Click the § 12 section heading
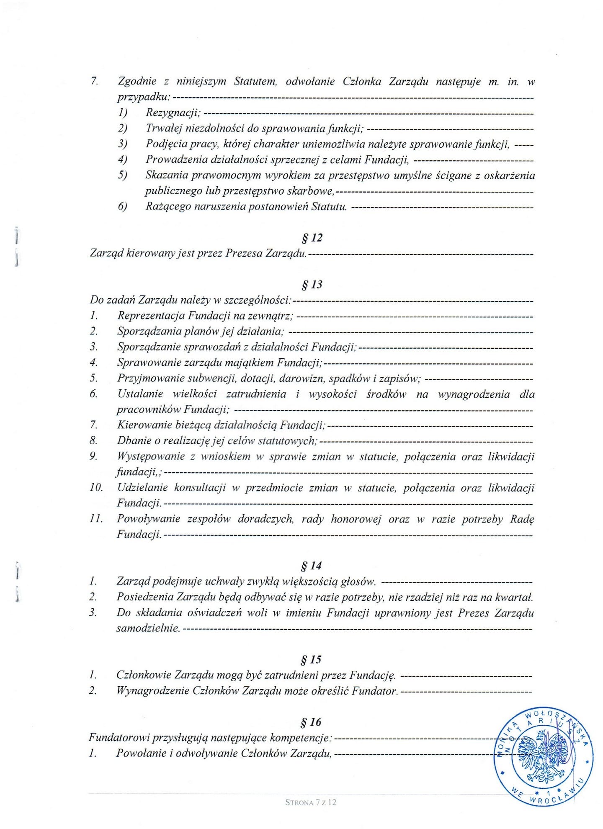(x=312, y=238)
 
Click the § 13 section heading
(x=312, y=285)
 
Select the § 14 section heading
(x=311, y=566)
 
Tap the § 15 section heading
(x=311, y=659)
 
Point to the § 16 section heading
(x=311, y=722)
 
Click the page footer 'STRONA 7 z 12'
(x=311, y=802)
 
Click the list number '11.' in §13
(x=96, y=519)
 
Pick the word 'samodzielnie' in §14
(x=147, y=628)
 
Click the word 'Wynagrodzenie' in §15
(x=152, y=690)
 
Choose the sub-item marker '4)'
(x=122, y=160)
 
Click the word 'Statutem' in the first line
(x=255, y=81)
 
